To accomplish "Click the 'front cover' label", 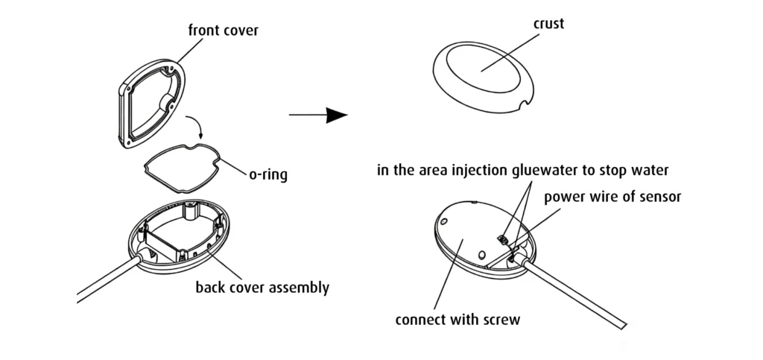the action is tap(224, 30).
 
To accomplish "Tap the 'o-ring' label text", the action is tap(267, 174).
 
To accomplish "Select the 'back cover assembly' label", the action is tap(262, 287).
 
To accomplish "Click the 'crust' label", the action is tap(548, 23).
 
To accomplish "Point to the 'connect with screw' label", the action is tap(458, 320).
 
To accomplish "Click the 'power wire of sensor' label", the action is tap(612, 197).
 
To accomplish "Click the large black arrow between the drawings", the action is tap(318, 116).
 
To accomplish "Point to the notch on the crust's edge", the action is tap(523, 104).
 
